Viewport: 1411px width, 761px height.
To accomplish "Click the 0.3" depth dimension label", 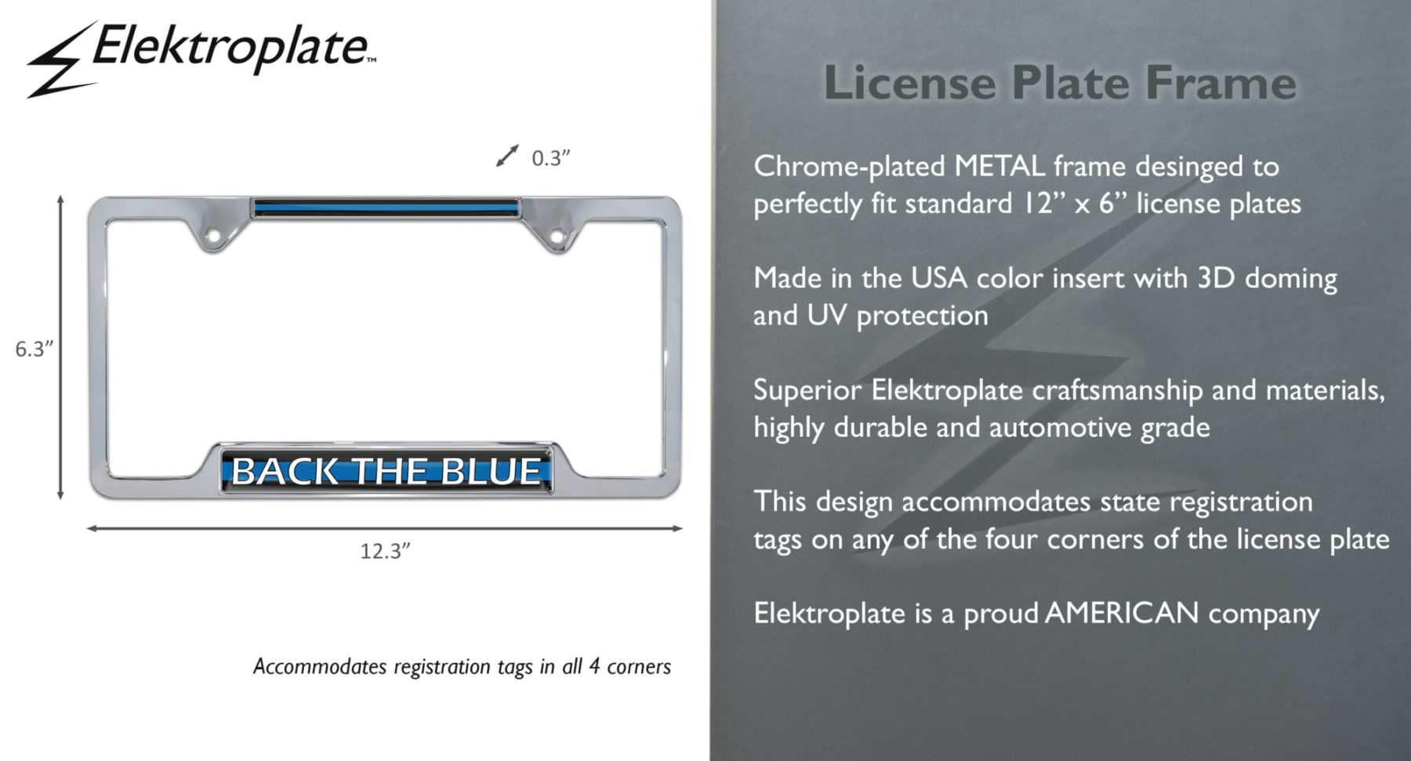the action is [550, 158].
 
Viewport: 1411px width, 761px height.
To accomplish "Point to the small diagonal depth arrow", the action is [507, 155].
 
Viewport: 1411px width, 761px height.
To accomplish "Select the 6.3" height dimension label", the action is [34, 349].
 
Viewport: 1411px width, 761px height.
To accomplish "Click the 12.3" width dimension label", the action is [385, 551].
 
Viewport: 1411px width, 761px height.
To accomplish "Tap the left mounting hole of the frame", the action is [212, 235].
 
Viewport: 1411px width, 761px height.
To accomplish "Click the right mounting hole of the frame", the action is [557, 235].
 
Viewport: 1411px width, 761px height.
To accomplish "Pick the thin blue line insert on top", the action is [386, 208].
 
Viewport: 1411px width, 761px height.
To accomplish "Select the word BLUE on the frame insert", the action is [491, 471].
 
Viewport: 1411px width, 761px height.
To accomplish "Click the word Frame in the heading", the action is [1221, 82].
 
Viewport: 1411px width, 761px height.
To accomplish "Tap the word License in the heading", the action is [909, 82].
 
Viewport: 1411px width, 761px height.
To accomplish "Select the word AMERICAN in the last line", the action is [1122, 613].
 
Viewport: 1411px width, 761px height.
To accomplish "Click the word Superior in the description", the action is [807, 390].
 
